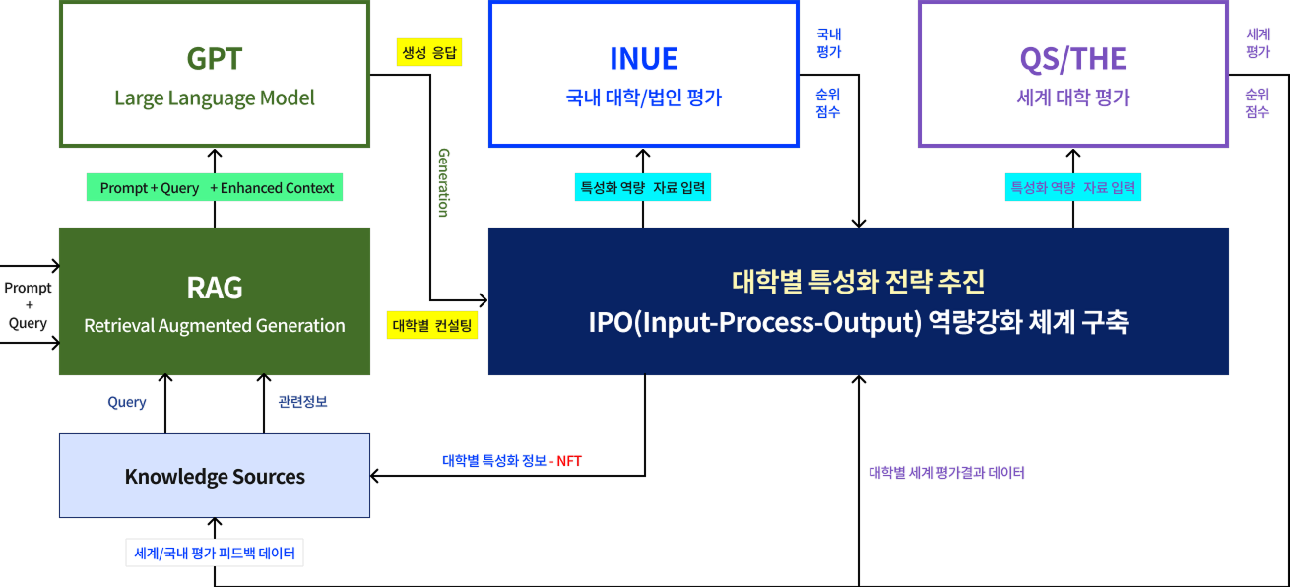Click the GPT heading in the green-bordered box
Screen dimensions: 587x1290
pos(215,59)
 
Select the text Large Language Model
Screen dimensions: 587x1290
pos(215,98)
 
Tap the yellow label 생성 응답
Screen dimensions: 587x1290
pos(429,52)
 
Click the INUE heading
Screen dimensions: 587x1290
pos(643,59)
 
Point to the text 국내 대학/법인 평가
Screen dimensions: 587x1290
pos(643,98)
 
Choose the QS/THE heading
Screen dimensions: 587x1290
pos(1072,59)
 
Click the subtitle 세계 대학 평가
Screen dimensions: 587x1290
pos(1072,98)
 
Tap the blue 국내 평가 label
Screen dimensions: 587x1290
pos(829,43)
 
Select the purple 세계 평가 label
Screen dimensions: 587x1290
pos(1258,43)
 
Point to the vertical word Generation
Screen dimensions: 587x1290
pos(443,182)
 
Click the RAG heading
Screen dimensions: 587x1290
pos(215,288)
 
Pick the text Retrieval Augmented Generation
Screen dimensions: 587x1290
pos(215,326)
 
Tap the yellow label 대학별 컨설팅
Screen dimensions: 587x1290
pos(433,325)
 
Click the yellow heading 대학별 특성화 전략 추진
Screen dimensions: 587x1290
pos(858,283)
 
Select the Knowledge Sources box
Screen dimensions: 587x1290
pos(215,477)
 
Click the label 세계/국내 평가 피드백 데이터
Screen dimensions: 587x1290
pos(215,554)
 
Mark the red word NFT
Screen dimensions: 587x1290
pos(569,461)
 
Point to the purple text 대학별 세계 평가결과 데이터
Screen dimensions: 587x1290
pos(946,473)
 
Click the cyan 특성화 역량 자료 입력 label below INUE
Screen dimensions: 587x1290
pos(643,188)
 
